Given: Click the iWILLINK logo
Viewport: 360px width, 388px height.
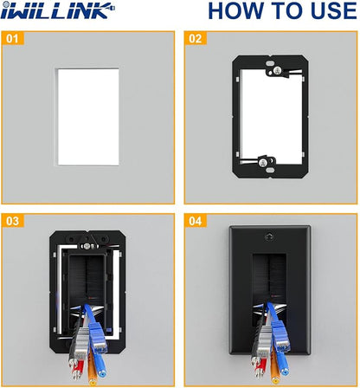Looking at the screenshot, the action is pyautogui.click(x=57, y=10).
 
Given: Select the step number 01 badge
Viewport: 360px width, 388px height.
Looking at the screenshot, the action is pyautogui.click(x=12, y=38).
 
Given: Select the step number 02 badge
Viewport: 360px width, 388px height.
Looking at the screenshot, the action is pyautogui.click(x=196, y=38).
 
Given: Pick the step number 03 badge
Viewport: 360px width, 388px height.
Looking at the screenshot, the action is pyautogui.click(x=12, y=221).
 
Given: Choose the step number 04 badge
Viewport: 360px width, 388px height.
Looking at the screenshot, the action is pyautogui.click(x=196, y=221).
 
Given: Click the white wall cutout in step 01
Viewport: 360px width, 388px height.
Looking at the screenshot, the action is pyautogui.click(x=88, y=117).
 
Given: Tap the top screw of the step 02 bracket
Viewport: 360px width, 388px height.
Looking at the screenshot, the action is pyautogui.click(x=277, y=69).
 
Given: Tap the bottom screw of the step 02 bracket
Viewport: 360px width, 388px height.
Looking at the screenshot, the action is pyautogui.click(x=262, y=163).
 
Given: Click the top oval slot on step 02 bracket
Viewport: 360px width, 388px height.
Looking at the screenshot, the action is pyautogui.click(x=270, y=62).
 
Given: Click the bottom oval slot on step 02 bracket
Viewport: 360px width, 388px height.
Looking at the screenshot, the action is pyautogui.click(x=270, y=171).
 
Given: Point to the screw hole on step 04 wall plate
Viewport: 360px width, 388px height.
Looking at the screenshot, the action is pyautogui.click(x=270, y=236).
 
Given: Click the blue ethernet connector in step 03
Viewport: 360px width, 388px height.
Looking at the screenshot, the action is pyautogui.click(x=98, y=338).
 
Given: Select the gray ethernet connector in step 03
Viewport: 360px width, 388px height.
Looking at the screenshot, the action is pyautogui.click(x=81, y=344).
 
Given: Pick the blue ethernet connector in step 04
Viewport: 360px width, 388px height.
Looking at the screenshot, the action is pyautogui.click(x=280, y=338).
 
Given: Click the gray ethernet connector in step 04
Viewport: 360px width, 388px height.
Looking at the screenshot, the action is pyautogui.click(x=264, y=344).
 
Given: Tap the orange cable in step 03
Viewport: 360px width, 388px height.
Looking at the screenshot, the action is pyautogui.click(x=92, y=369).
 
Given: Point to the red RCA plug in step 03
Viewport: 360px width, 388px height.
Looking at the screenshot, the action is pyautogui.click(x=78, y=370).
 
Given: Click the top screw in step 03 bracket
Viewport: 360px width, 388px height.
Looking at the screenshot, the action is pyautogui.click(x=86, y=246).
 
